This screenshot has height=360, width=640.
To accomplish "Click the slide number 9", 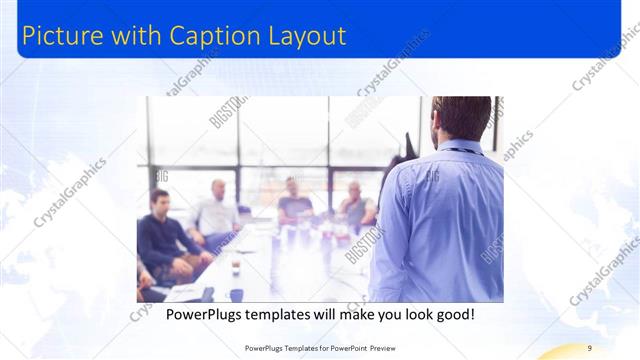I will coord(590,348).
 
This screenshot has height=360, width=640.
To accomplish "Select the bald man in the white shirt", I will coord(216,210).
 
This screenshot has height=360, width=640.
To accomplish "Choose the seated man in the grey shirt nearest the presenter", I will coord(355,205).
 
